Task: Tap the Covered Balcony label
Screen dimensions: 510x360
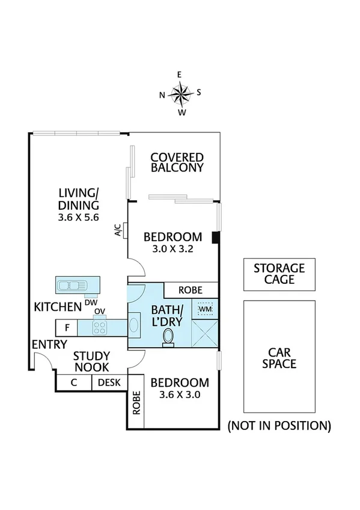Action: click(177, 162)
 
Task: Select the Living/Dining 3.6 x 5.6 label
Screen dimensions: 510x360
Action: click(78, 204)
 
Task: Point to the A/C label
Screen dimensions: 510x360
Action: click(118, 230)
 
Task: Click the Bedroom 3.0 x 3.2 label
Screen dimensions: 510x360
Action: click(173, 242)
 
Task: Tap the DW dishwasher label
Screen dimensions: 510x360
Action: click(91, 302)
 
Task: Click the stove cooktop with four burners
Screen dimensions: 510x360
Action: click(99, 328)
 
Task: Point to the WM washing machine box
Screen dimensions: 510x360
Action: click(204, 309)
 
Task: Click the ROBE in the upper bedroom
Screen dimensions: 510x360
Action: click(191, 290)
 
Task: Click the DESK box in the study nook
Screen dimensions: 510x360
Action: click(109, 382)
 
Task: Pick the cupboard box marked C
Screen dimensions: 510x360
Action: click(73, 382)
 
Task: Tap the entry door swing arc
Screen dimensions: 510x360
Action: click(42, 361)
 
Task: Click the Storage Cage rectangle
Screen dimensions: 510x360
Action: click(278, 274)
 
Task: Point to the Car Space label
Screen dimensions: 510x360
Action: click(278, 358)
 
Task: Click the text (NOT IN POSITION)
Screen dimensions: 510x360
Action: click(278, 426)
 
